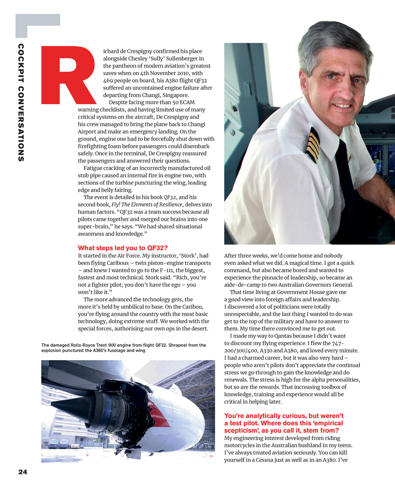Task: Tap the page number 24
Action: click(23, 472)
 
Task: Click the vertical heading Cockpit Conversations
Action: click(21, 103)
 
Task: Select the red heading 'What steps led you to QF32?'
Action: click(123, 248)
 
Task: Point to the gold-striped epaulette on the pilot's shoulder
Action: click(314, 144)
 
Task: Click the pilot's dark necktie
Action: click(346, 174)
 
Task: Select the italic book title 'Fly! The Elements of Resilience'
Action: click(147, 205)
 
